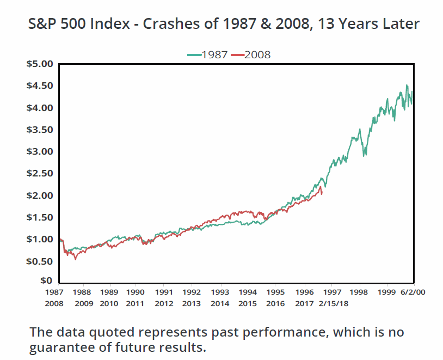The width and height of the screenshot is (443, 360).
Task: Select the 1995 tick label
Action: pos(275,291)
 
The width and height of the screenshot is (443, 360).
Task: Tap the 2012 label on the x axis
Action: pos(164,303)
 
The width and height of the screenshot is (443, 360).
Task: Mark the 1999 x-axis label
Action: pos(386,291)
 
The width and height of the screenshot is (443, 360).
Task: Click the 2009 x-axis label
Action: pos(84,303)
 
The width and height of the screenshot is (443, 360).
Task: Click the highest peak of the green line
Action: pos(407,86)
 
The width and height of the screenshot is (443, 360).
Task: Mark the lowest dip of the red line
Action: pos(76,259)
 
